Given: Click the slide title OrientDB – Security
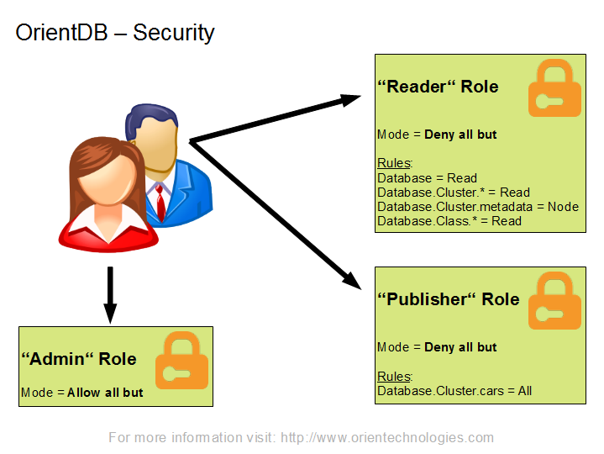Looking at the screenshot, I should pos(115,33).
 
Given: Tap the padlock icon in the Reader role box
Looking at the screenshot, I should pos(554,87).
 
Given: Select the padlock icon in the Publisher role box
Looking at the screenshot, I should pos(554,300).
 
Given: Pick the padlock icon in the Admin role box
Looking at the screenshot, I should pos(181,360).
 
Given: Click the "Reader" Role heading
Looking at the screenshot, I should pos(438,87).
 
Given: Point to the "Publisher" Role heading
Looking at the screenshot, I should pos(449,299).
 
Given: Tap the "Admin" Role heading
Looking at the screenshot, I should pos(79,359).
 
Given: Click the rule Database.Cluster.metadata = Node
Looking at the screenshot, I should pos(478,207).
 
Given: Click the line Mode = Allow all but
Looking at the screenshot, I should pos(82,393).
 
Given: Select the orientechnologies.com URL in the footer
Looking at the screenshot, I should pos(387,438).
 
